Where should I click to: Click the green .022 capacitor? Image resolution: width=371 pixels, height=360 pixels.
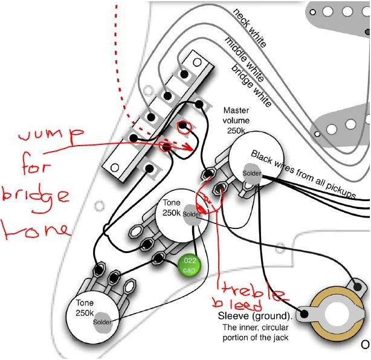[189, 265]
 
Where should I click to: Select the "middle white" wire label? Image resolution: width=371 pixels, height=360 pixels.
[244, 57]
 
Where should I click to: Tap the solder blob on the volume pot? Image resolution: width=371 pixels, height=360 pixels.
[251, 173]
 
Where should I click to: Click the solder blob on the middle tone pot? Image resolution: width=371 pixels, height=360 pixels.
[192, 214]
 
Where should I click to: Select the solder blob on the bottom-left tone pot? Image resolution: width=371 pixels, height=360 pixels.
[103, 323]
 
